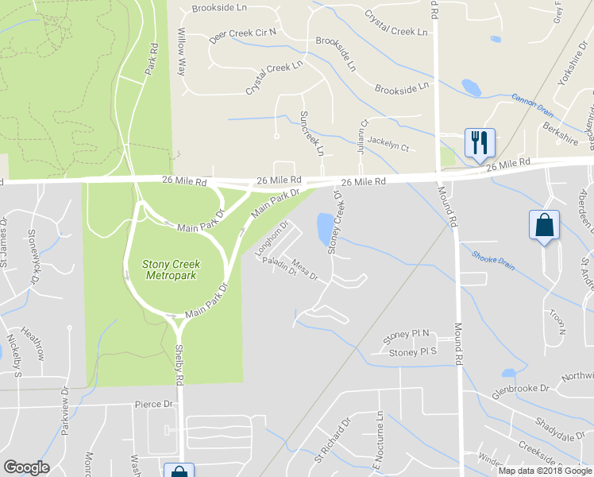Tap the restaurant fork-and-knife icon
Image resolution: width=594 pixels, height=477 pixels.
[480, 142]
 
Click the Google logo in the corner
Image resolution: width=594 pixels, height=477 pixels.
[27, 467]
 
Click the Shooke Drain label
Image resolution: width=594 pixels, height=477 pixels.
[492, 261]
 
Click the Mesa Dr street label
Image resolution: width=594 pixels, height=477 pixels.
[304, 270]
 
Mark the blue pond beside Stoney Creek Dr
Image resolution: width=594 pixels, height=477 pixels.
[325, 228]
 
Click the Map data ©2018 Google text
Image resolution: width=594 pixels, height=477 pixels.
[544, 470]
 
